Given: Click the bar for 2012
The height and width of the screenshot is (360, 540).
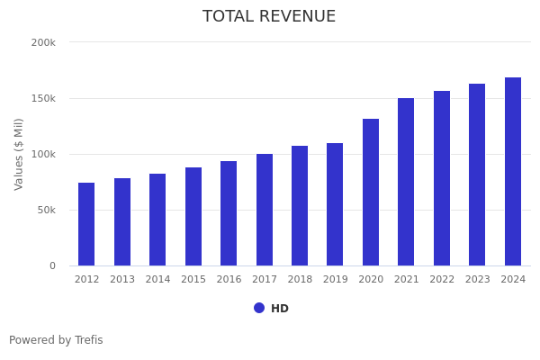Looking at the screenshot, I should point(86,224).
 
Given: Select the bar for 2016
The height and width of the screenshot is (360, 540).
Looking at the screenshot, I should point(229,213).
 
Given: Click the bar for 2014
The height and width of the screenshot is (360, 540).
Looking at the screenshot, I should point(157,220).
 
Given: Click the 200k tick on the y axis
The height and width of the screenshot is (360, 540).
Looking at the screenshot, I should point(43,42).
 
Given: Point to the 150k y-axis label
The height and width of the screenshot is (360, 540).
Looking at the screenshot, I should point(43,98).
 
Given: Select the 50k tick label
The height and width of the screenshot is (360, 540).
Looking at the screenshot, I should point(46,210).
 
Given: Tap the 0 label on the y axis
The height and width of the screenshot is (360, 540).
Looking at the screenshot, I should point(52,265).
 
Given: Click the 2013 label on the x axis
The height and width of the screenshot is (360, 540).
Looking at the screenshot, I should point(122,280).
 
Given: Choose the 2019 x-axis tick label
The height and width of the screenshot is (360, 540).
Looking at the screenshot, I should point(336,280).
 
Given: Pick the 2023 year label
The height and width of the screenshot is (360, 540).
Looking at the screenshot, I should point(478,280).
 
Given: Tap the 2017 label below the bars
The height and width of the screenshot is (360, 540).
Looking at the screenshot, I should point(265,280).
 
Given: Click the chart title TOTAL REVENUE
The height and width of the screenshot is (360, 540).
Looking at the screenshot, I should point(269,17).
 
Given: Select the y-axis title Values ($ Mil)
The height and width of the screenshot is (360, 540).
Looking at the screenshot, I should point(19,154).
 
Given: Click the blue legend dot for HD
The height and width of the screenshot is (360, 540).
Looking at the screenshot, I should point(259,308).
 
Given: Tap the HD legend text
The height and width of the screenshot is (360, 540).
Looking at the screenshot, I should point(280,309).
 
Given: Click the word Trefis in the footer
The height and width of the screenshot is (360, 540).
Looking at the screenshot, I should point(88,340).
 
